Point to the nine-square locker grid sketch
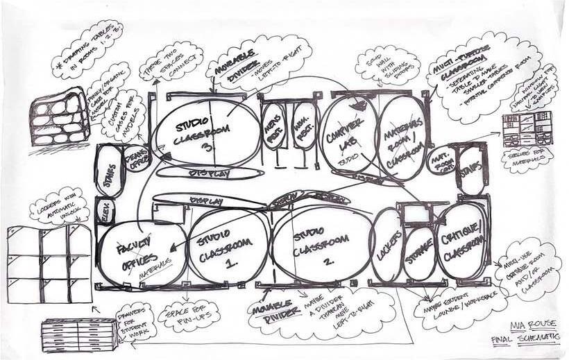point(49,264)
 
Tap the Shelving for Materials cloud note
point(529,159)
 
